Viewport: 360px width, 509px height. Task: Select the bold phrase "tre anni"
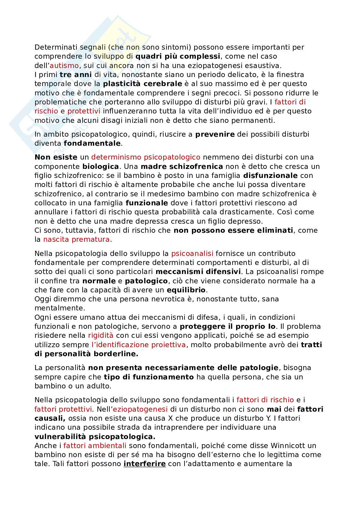[76, 74]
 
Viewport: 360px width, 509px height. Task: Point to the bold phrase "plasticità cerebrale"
[143, 84]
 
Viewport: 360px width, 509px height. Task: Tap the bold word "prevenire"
[215, 134]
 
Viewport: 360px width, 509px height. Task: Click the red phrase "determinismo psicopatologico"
[146, 157]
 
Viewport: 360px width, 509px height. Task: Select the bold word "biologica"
[101, 166]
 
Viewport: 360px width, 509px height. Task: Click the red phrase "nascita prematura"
[76, 240]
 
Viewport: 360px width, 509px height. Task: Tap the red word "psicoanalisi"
[192, 253]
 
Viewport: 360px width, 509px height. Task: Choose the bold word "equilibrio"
[186, 290]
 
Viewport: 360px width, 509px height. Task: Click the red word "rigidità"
[101, 336]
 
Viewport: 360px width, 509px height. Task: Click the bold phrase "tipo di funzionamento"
[149, 377]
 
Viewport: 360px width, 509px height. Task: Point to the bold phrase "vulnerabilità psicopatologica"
[94, 437]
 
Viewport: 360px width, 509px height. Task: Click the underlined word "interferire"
[145, 464]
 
